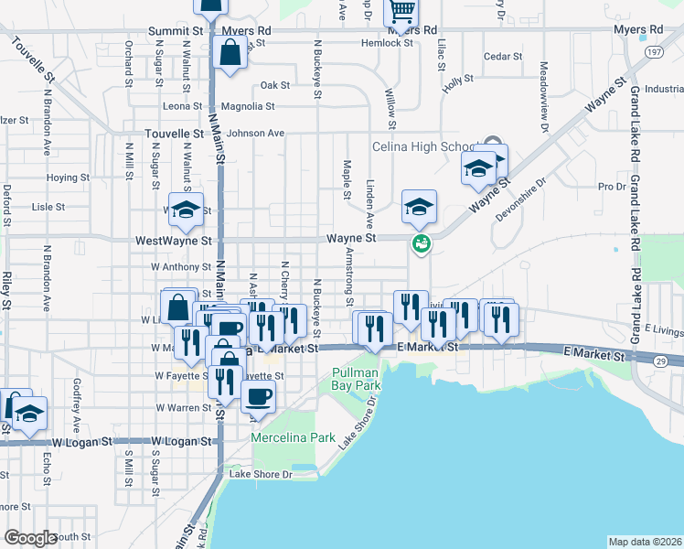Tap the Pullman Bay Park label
[356, 380]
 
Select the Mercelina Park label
[294, 438]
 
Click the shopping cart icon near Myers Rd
[401, 12]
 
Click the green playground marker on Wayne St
[421, 243]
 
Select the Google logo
[30, 538]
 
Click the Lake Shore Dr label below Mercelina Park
[260, 474]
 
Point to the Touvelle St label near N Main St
[174, 134]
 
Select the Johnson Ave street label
[256, 134]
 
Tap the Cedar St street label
[502, 57]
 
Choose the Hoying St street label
[67, 178]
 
